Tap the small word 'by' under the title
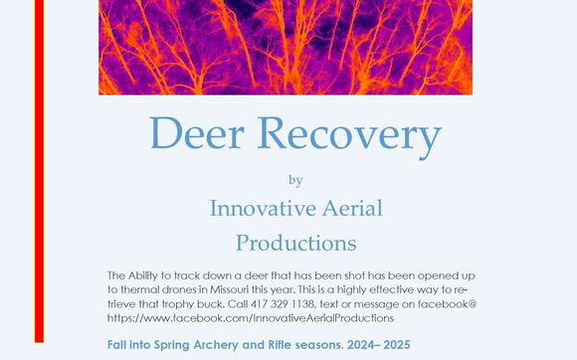tap(294, 181)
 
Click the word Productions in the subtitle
tap(295, 242)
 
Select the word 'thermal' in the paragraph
tap(137, 288)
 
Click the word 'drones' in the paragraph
tap(181, 288)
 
